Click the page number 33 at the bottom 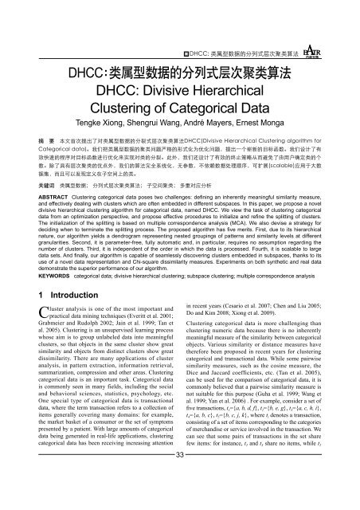(x=180, y=500)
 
